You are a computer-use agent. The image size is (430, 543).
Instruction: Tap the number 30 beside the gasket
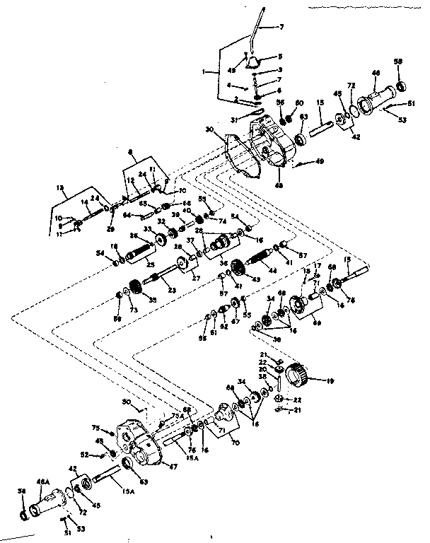click(x=209, y=129)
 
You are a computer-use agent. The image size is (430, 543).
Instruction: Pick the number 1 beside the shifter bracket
click(x=204, y=71)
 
